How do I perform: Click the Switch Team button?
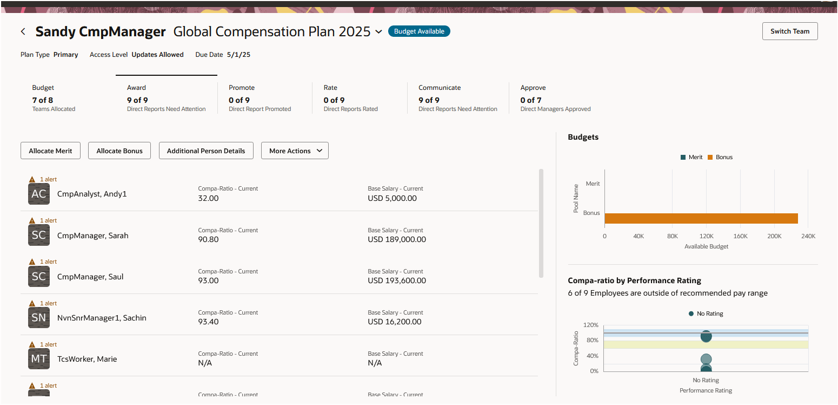point(789,31)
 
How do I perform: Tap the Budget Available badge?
point(419,31)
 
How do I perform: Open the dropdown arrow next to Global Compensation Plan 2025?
point(378,32)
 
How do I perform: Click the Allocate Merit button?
point(50,151)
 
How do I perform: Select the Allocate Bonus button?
point(119,151)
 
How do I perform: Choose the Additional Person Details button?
point(206,151)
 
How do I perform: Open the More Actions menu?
point(295,151)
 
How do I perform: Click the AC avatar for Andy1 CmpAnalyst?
point(39,194)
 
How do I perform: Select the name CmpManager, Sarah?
point(93,236)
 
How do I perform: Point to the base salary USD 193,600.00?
point(397,280)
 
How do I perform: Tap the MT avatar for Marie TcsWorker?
point(39,359)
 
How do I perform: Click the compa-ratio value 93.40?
point(208,322)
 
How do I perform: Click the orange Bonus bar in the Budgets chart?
point(701,218)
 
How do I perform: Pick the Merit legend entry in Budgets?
point(691,157)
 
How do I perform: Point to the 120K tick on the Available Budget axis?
point(706,236)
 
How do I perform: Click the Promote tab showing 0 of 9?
point(260,98)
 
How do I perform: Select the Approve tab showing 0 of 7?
point(555,98)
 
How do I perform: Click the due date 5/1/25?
point(238,55)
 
